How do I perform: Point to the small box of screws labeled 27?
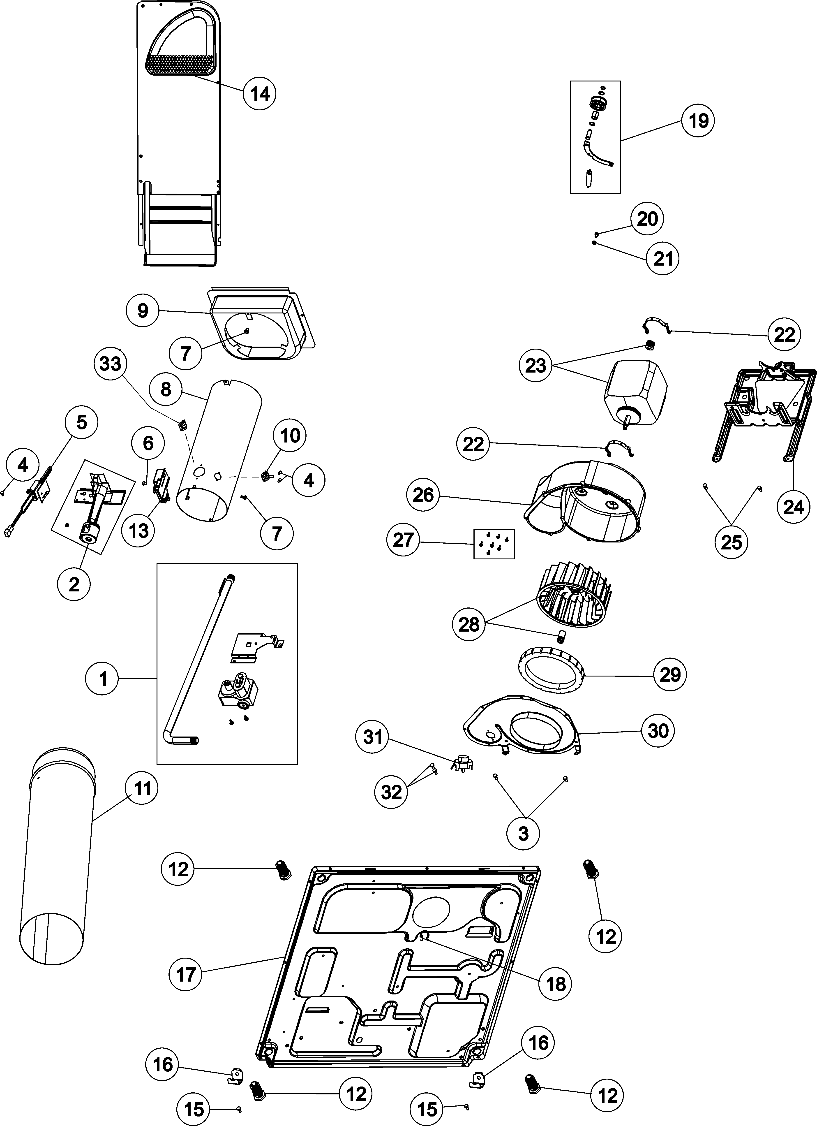tap(494, 544)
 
